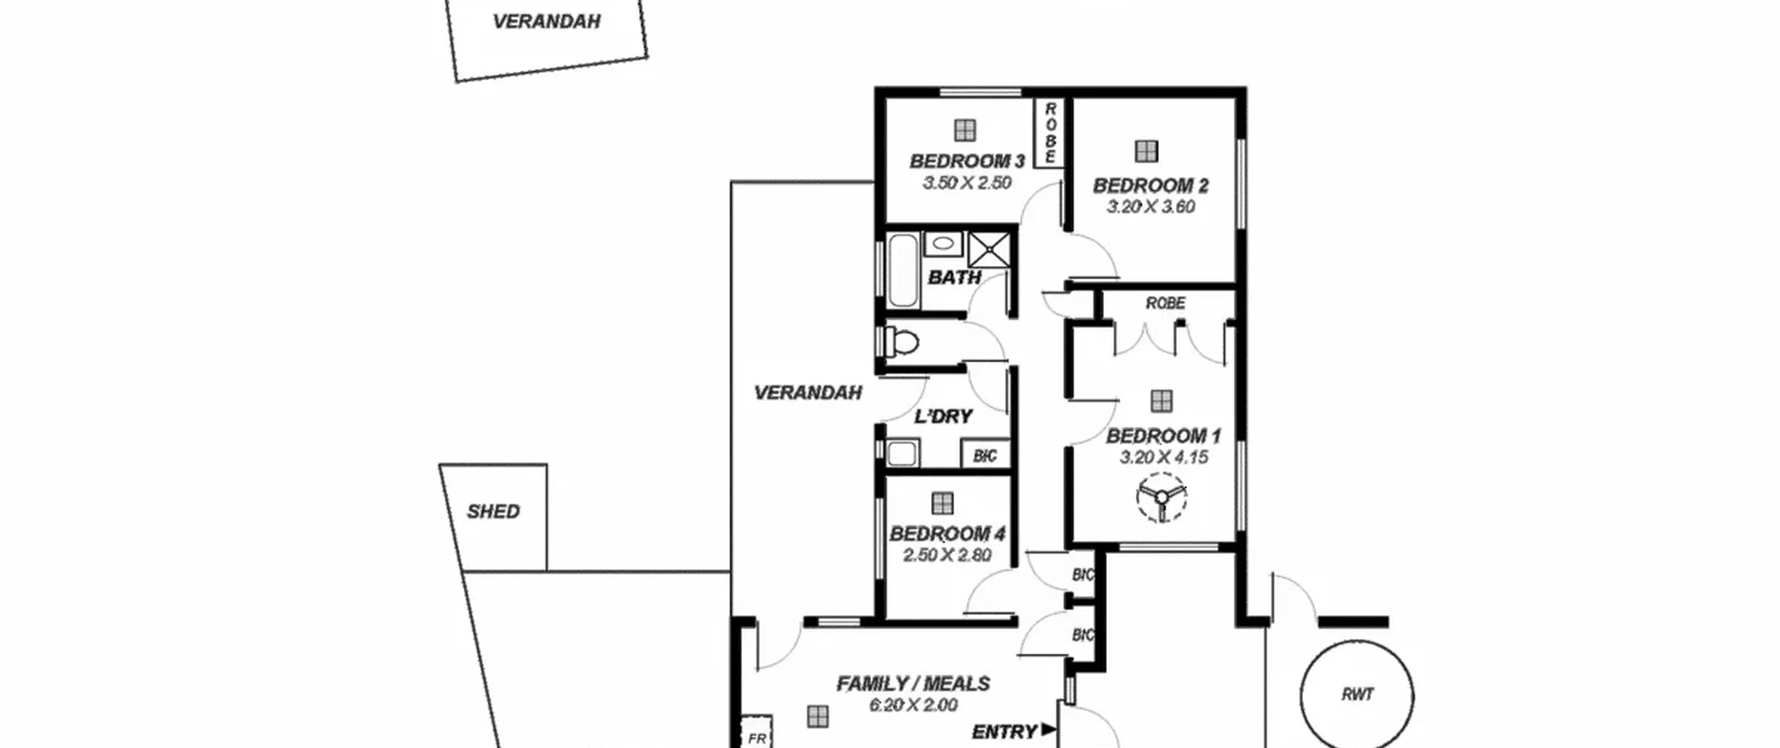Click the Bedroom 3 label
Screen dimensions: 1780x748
pos(967,161)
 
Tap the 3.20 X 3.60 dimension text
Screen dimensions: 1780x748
pos(1151,207)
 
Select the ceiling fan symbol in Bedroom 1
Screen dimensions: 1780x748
pos(1161,497)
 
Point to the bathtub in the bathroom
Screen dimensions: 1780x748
pos(903,271)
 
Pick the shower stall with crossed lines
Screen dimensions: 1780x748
pos(988,250)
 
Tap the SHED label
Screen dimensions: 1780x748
pos(493,512)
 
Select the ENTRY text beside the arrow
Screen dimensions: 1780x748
pos(1004,732)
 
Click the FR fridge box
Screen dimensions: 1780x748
pos(756,733)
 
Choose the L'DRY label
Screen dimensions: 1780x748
pos(943,417)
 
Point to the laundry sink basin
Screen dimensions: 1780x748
pos(903,453)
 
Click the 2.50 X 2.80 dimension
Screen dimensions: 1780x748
pos(947,555)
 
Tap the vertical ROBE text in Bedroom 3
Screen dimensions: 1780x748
pos(1050,133)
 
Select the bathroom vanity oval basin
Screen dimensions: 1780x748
pos(943,244)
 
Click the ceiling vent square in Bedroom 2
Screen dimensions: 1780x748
pos(1146,151)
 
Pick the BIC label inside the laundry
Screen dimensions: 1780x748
pos(985,456)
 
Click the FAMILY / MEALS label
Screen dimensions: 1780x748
pos(913,684)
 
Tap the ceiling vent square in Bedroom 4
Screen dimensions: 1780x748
pos(942,503)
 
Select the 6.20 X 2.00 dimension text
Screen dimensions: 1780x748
pos(913,705)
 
